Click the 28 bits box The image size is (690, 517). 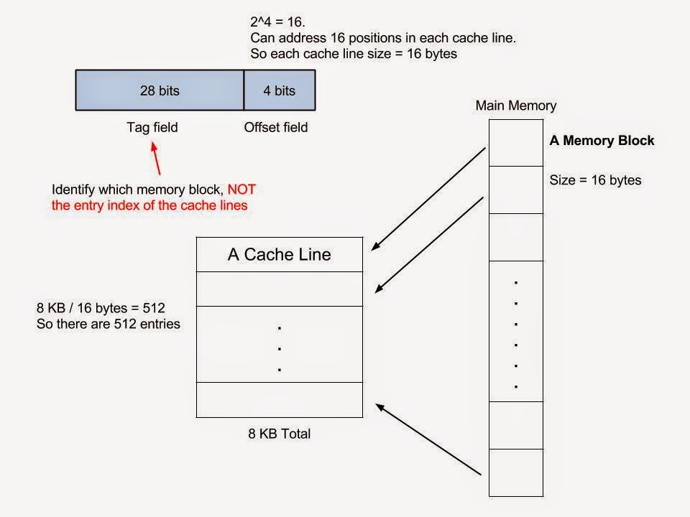pyautogui.click(x=160, y=90)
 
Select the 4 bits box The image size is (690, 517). pyautogui.click(x=280, y=90)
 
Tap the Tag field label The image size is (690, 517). pyautogui.click(x=152, y=128)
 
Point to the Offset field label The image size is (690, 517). pyautogui.click(x=275, y=128)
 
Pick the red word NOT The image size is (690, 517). pyautogui.click(x=241, y=190)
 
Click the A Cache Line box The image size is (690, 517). pyautogui.click(x=279, y=255)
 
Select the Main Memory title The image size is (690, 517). pyautogui.click(x=515, y=106)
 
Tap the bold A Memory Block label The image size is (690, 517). pyautogui.click(x=602, y=141)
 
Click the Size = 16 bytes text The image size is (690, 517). pyautogui.click(x=595, y=180)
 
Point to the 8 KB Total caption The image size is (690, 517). pyautogui.click(x=279, y=434)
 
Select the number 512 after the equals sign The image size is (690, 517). pyautogui.click(x=153, y=308)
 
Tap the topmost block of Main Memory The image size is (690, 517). pyautogui.click(x=515, y=142)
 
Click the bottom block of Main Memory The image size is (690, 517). pyautogui.click(x=515, y=472)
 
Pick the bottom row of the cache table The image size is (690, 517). pyautogui.click(x=279, y=400)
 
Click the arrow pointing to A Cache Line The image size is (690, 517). pyautogui.click(x=429, y=197)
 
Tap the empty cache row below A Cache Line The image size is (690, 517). pyautogui.click(x=279, y=289)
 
